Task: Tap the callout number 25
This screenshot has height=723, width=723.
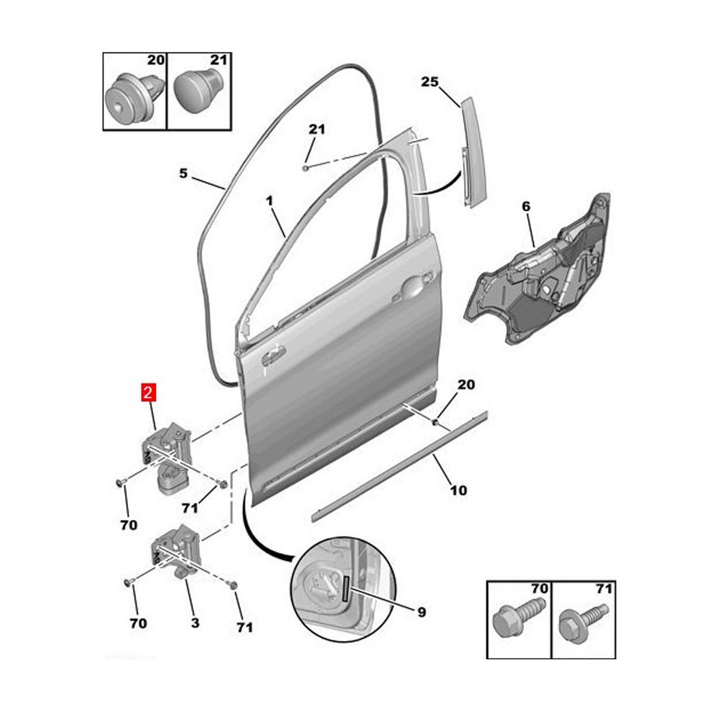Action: [x=429, y=82]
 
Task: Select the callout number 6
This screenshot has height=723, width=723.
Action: [x=526, y=207]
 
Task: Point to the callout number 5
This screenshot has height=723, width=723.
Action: [x=183, y=173]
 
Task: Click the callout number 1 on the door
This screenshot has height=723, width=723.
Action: [x=270, y=201]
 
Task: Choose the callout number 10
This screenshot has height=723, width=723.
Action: [x=458, y=490]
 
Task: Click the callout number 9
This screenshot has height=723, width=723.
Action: [x=421, y=612]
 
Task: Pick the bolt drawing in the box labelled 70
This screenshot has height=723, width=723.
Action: [x=519, y=617]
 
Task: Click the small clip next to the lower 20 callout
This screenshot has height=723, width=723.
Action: [x=436, y=422]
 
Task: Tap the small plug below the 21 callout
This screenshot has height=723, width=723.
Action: [x=306, y=168]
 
